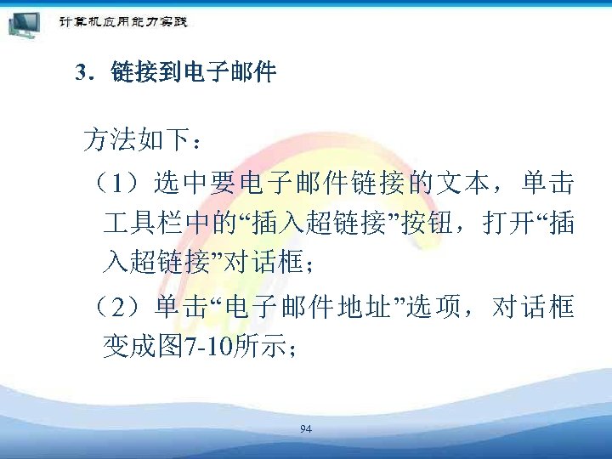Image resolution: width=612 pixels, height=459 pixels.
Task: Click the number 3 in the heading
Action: pos(80,74)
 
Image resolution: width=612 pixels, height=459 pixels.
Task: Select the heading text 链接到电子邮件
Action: pos(194,74)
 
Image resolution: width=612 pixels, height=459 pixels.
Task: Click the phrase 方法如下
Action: pos(133,140)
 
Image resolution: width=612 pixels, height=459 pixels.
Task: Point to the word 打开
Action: pos(506,224)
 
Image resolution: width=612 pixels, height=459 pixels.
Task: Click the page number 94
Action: pos(306,428)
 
